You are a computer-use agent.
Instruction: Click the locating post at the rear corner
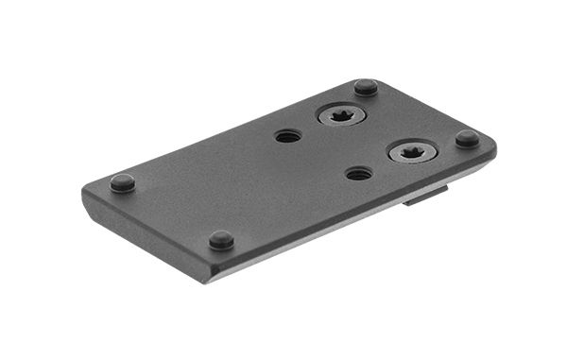point(366,87)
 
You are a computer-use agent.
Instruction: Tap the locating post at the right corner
point(467,138)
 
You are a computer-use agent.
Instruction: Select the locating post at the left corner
point(122,182)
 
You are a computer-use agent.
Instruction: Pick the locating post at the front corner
point(221,239)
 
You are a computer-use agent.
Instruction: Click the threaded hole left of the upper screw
point(288,136)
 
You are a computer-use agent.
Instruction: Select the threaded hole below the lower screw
point(358,174)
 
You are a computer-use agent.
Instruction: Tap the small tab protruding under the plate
point(425,196)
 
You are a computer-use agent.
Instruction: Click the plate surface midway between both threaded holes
point(323,155)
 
